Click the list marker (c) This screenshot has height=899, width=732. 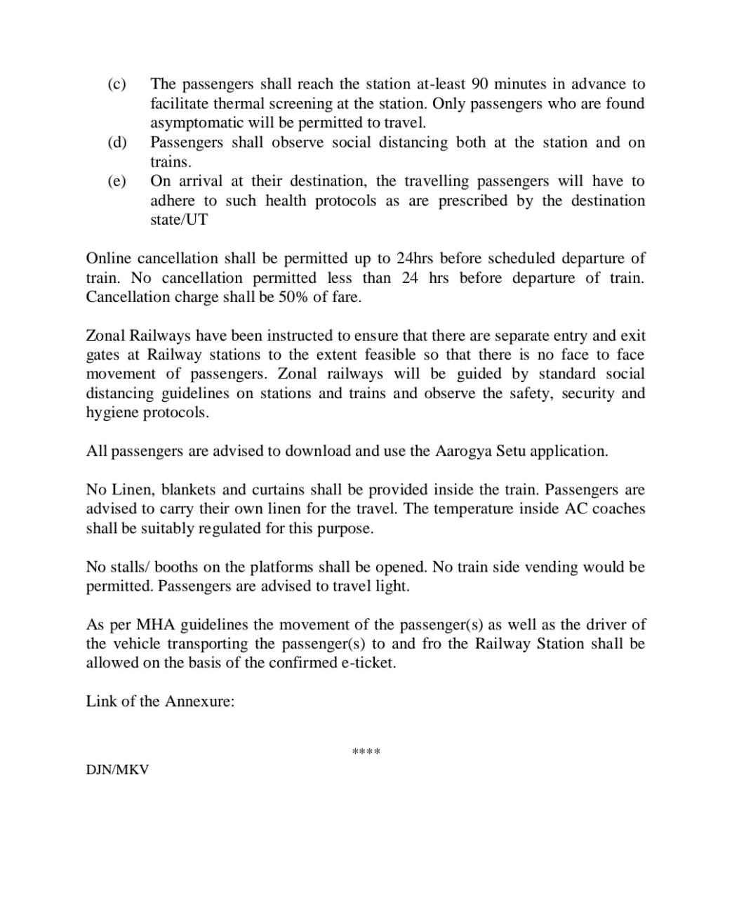[x=117, y=84]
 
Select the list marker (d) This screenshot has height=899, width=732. [x=117, y=143]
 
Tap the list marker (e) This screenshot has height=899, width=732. [x=117, y=181]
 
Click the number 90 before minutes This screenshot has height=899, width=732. [x=480, y=84]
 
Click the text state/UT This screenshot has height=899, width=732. [x=179, y=219]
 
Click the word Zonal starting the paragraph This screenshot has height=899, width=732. [x=104, y=336]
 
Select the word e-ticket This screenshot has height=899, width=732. [x=368, y=663]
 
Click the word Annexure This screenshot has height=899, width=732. [x=199, y=702]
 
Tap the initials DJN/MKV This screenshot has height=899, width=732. [x=117, y=770]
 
